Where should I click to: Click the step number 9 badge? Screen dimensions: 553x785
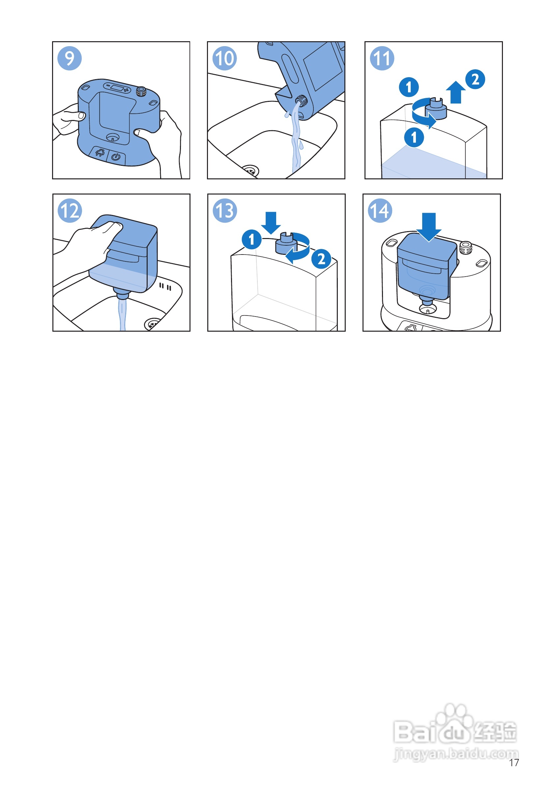pyautogui.click(x=70, y=58)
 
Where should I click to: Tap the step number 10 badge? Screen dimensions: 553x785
pyautogui.click(x=224, y=58)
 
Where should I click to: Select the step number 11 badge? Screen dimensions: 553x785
pyautogui.click(x=382, y=58)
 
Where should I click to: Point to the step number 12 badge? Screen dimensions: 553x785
pyautogui.click(x=70, y=211)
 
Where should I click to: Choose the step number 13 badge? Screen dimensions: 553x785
pyautogui.click(x=225, y=211)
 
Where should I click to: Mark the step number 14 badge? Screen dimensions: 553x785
pyautogui.click(x=380, y=211)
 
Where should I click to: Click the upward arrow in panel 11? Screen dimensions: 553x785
pyautogui.click(x=455, y=92)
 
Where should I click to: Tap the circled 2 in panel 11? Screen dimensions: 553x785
pyautogui.click(x=475, y=79)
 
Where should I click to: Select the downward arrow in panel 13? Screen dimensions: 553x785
pyautogui.click(x=271, y=223)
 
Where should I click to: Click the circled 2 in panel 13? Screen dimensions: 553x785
pyautogui.click(x=321, y=258)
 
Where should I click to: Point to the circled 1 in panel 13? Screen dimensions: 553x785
pyautogui.click(x=251, y=239)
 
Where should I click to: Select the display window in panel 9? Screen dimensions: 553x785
pyautogui.click(x=117, y=88)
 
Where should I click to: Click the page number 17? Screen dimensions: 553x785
pyautogui.click(x=514, y=763)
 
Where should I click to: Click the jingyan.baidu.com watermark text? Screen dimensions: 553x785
pyautogui.click(x=456, y=754)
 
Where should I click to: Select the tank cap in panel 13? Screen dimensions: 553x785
pyautogui.click(x=286, y=243)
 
